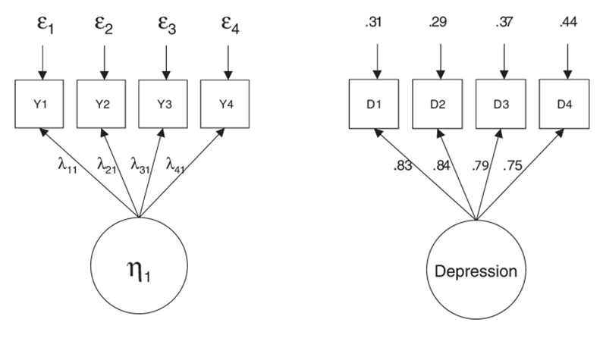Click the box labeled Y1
pyautogui.click(x=42, y=105)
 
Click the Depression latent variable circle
pyautogui.click(x=476, y=271)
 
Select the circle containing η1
pyautogui.click(x=138, y=271)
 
